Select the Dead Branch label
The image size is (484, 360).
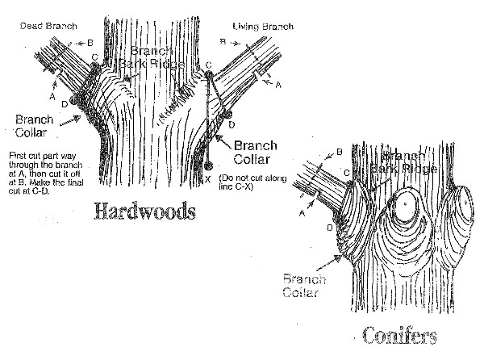(48, 26)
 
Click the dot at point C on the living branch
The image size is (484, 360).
(209, 75)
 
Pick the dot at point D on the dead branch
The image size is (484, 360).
(73, 103)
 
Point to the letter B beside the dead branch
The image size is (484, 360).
(90, 41)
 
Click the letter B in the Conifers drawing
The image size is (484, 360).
(339, 152)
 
